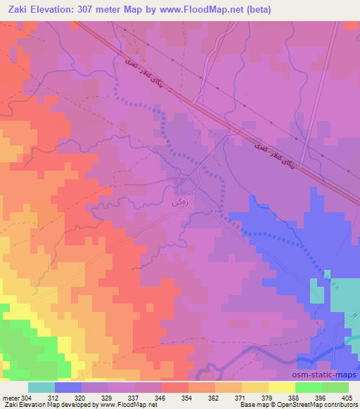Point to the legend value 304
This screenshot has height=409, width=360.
click(26, 398)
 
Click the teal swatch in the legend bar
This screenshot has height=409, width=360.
click(41, 387)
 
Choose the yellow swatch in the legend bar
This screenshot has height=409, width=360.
click(282, 387)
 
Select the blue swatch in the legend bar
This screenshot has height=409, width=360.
click(68, 387)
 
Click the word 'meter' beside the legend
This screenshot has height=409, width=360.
click(10, 398)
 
